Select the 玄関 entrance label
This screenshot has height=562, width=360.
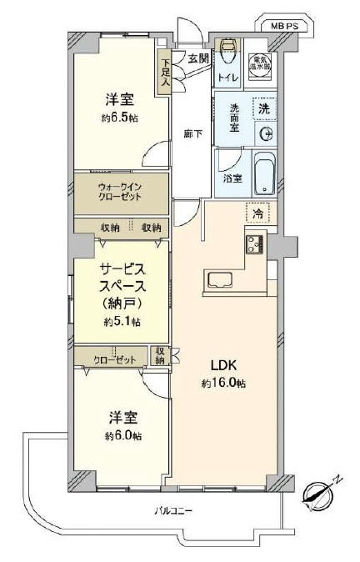197,58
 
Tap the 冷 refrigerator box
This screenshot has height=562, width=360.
258,214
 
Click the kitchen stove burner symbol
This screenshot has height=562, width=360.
254,243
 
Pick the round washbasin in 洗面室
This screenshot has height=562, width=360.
266,133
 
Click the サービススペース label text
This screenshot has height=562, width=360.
122,279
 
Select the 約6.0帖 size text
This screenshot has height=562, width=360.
122,436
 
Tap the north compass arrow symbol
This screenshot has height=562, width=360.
315,493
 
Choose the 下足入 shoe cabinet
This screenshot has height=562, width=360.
166,73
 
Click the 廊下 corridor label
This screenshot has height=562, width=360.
192,133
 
